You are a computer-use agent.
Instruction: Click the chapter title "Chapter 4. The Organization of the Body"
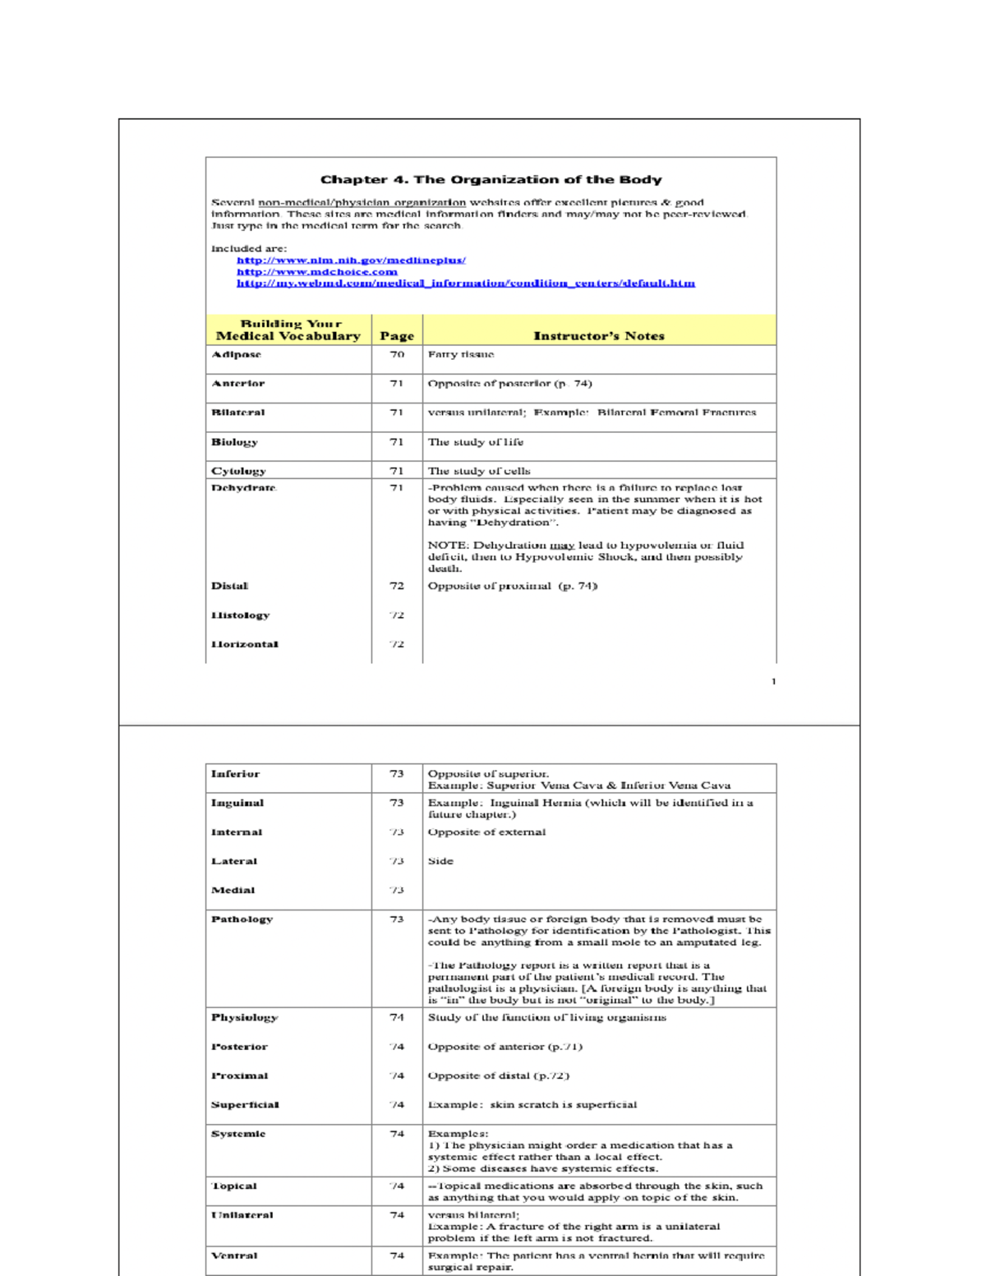coord(491,180)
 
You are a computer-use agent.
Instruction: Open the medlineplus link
coord(351,260)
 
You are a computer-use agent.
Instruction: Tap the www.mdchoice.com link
coord(317,272)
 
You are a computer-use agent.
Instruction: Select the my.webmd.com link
coord(465,283)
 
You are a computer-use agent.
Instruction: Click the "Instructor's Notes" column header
coord(598,336)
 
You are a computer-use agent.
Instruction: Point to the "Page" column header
coord(397,336)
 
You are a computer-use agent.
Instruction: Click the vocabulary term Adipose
coord(237,355)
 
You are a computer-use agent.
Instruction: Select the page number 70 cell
coord(397,355)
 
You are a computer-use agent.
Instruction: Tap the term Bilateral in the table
coord(238,412)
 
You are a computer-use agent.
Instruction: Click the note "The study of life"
coord(475,442)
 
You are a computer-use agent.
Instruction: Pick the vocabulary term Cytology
coord(238,472)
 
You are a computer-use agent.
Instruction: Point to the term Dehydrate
coord(243,488)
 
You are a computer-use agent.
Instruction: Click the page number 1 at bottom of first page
coord(773,681)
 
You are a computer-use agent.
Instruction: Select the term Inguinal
coord(237,804)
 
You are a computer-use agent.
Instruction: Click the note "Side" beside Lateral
coord(440,861)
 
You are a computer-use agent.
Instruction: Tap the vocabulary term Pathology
coord(242,919)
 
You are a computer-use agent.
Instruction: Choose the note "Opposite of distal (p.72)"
coord(498,1076)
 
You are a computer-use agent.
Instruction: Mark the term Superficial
coord(245,1105)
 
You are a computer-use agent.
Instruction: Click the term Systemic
coord(238,1134)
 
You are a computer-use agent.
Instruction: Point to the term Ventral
coord(234,1255)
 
